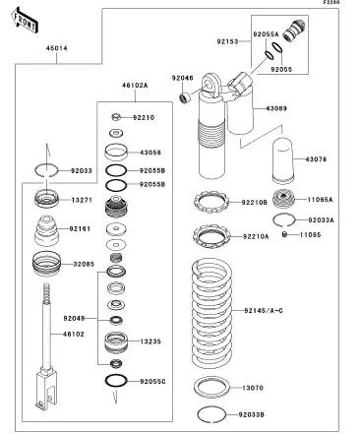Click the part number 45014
tap(56, 74)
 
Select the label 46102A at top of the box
tap(134, 86)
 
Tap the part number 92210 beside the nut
tap(145, 117)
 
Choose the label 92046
tap(183, 77)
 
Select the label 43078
tap(317, 159)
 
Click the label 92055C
tap(152, 380)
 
